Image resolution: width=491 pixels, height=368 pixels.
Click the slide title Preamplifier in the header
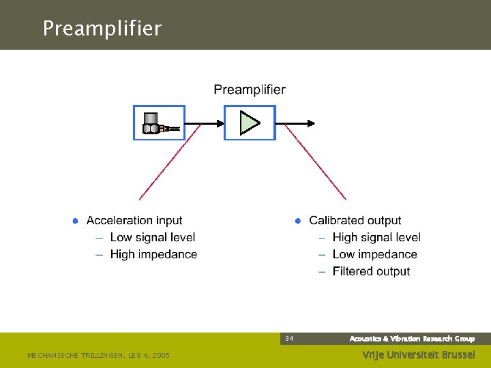tap(102, 28)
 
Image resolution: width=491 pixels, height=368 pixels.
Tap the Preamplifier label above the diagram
tap(250, 89)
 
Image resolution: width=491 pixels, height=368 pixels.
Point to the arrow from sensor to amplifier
tap(205, 123)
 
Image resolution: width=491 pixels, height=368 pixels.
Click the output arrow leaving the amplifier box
tap(296, 123)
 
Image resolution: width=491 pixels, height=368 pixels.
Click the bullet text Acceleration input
tap(134, 220)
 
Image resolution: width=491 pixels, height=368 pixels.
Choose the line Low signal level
tap(152, 237)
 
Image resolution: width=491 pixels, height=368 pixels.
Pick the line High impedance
tap(153, 254)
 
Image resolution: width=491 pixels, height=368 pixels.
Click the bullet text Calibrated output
tap(355, 220)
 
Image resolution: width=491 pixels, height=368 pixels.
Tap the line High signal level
tap(376, 237)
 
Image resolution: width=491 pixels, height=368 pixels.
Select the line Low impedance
tap(374, 254)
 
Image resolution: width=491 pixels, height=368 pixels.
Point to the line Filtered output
tap(371, 271)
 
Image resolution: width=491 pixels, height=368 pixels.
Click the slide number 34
tap(289, 339)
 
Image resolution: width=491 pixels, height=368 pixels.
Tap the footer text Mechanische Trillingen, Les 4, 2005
tap(98, 355)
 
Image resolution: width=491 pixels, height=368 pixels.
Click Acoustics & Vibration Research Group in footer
tap(412, 339)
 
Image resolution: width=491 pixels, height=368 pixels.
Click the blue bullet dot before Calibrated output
tap(297, 221)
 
